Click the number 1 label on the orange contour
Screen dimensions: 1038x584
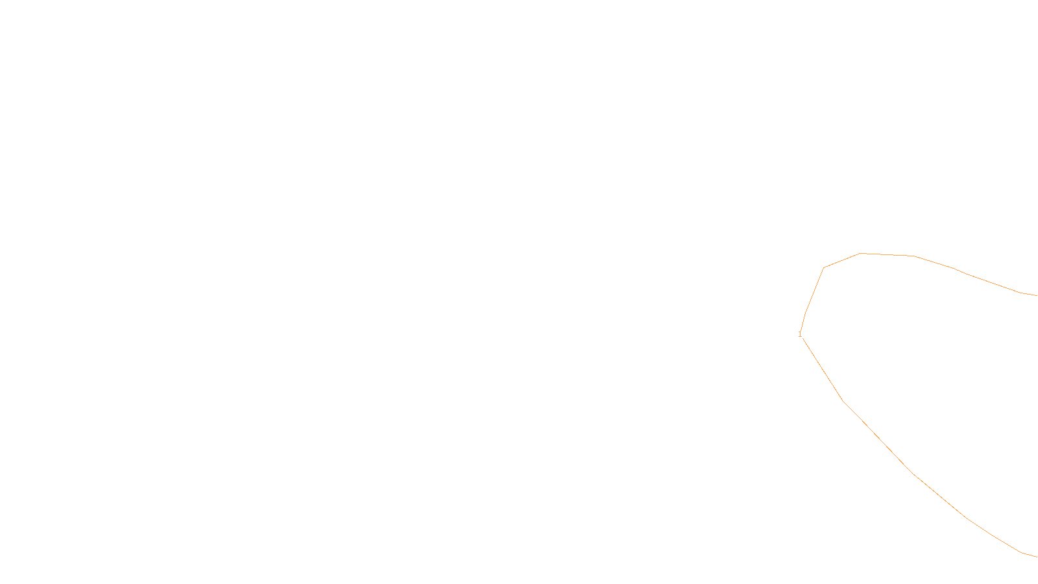800,334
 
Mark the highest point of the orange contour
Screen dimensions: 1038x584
861,253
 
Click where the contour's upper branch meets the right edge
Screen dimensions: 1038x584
1036,295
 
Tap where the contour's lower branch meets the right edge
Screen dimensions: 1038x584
1036,557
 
